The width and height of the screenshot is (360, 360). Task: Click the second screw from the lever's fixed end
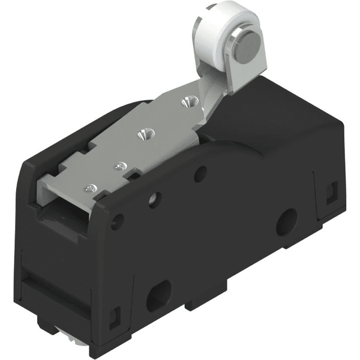coord(119,166)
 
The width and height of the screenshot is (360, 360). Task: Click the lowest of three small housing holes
coord(117,221)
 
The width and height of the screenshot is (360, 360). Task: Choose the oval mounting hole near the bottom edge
coord(158,295)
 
